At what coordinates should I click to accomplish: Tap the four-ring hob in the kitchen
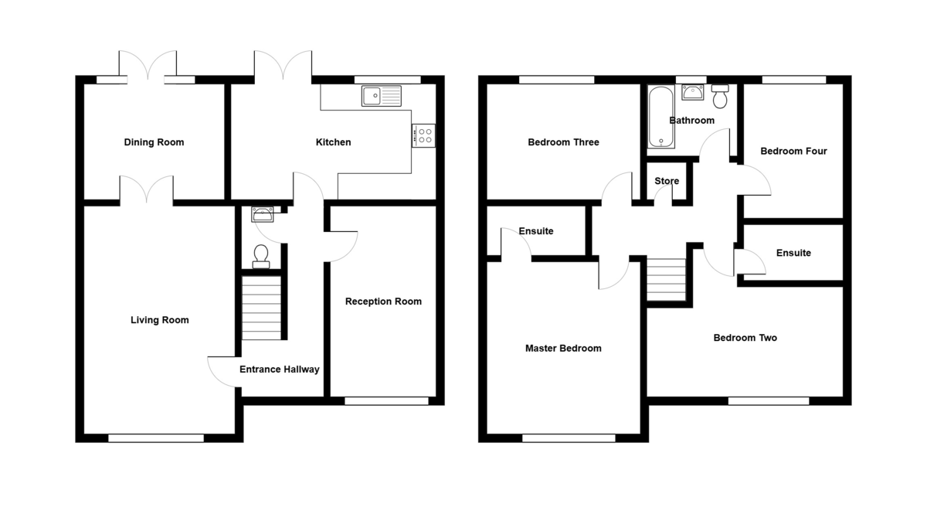(x=423, y=135)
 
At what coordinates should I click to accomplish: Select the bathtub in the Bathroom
(x=661, y=118)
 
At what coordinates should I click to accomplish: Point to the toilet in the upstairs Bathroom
(x=721, y=97)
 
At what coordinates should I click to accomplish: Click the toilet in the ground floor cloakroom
(x=261, y=255)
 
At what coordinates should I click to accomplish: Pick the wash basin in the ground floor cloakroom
(x=262, y=213)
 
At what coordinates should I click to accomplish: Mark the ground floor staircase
(x=263, y=308)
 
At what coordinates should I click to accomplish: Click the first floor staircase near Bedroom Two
(x=666, y=279)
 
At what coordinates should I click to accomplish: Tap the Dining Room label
(x=154, y=142)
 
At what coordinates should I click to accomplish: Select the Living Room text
(x=160, y=320)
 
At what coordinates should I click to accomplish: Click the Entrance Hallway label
(x=279, y=370)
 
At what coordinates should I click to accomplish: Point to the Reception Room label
(x=383, y=302)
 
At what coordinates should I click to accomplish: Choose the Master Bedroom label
(x=563, y=349)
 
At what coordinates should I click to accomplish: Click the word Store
(x=667, y=182)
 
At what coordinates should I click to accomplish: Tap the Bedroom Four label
(x=793, y=152)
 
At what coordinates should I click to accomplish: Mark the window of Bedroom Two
(x=769, y=400)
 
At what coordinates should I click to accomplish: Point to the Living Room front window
(x=156, y=438)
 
